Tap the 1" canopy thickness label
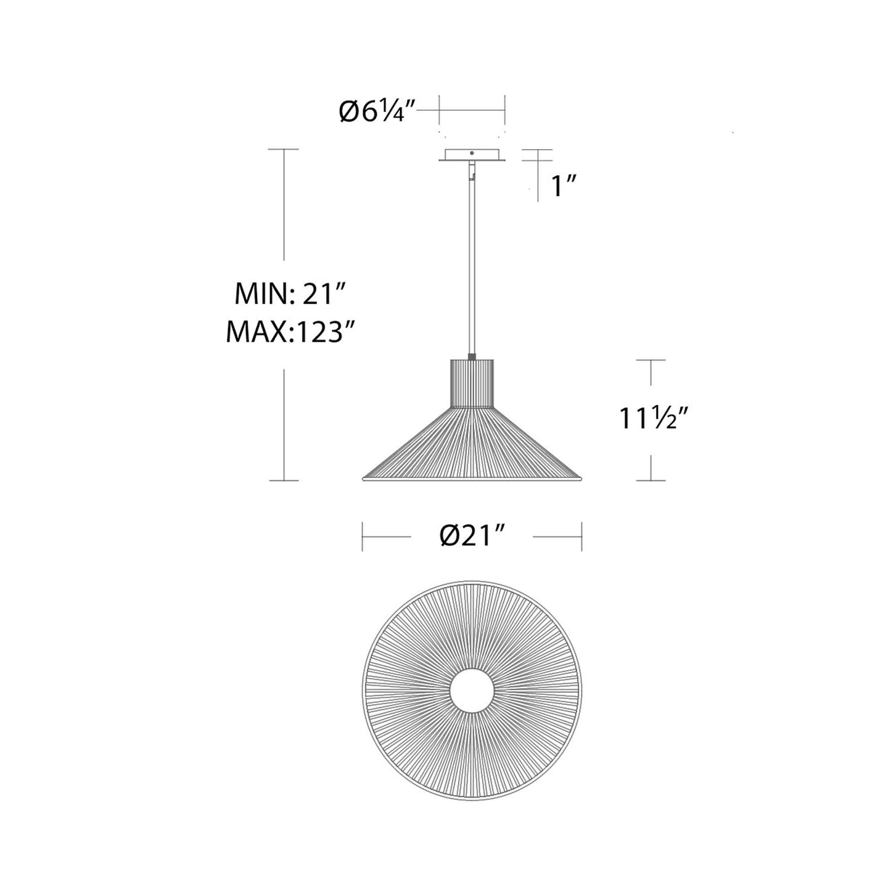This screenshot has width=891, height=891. (x=563, y=186)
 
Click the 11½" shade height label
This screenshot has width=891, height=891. (x=653, y=419)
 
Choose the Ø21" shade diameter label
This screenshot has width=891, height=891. (x=473, y=536)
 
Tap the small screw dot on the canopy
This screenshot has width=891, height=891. (x=472, y=153)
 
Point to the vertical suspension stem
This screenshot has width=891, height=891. (x=472, y=259)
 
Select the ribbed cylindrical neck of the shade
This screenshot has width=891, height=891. (x=472, y=382)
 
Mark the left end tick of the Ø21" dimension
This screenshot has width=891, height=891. (x=363, y=536)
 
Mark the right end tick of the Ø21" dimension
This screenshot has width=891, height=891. (x=581, y=536)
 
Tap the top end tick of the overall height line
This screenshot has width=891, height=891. (x=284, y=149)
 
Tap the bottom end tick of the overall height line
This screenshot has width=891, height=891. (x=284, y=480)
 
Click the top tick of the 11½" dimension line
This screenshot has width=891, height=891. (x=651, y=360)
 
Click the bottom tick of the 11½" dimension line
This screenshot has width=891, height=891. (x=651, y=480)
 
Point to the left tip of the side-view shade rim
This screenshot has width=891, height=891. (x=361, y=478)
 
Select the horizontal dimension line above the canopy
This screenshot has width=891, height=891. (x=472, y=111)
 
